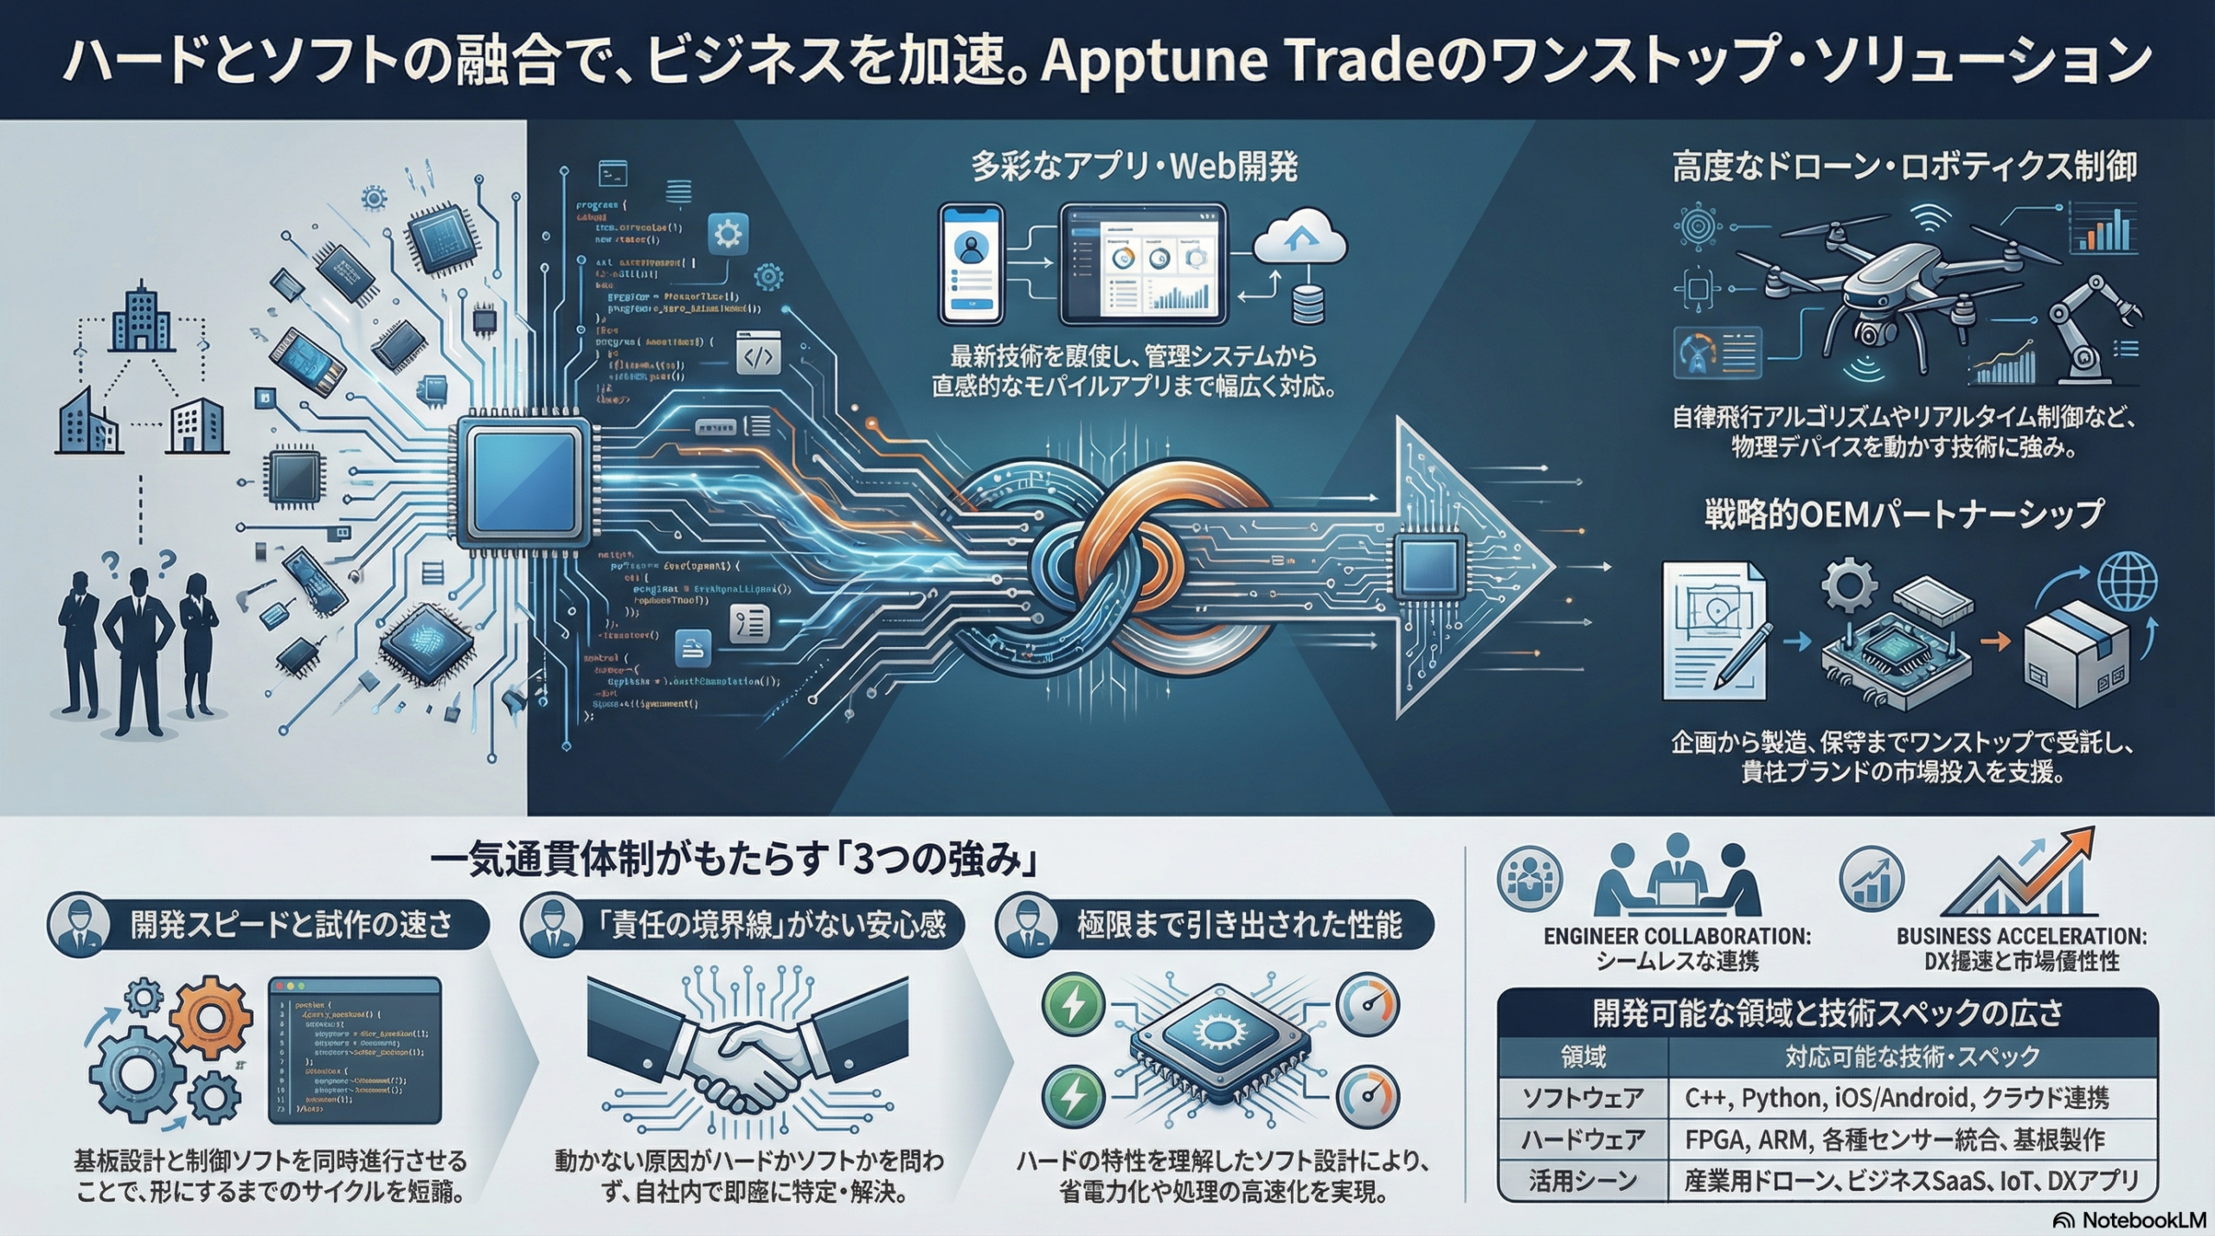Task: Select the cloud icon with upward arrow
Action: [1300, 235]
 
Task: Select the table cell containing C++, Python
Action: [1912, 1098]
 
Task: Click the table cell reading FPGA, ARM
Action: [1912, 1139]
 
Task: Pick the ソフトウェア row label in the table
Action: [1583, 1098]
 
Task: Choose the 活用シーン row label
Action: [1583, 1181]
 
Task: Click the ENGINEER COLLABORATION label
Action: [1677, 937]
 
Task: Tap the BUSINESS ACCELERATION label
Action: [2021, 937]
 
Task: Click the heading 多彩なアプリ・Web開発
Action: [1133, 167]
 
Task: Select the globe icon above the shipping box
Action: [2128, 582]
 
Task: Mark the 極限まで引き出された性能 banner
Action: [1237, 925]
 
